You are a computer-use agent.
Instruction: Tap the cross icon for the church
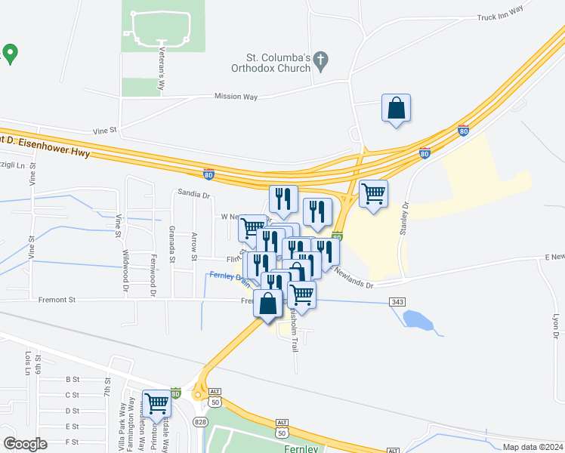point(320,60)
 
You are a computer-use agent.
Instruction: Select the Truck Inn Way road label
point(500,14)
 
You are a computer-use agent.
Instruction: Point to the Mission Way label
point(236,97)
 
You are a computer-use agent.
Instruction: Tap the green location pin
point(11,54)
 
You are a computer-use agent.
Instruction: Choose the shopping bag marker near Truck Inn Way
point(396,108)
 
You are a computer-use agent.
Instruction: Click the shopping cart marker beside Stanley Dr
point(373,194)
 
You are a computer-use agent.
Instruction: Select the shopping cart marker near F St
point(156,403)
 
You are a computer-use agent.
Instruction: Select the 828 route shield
point(200,421)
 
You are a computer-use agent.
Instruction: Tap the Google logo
point(25,444)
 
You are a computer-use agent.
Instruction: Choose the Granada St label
point(172,244)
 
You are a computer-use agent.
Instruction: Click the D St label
point(73,411)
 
